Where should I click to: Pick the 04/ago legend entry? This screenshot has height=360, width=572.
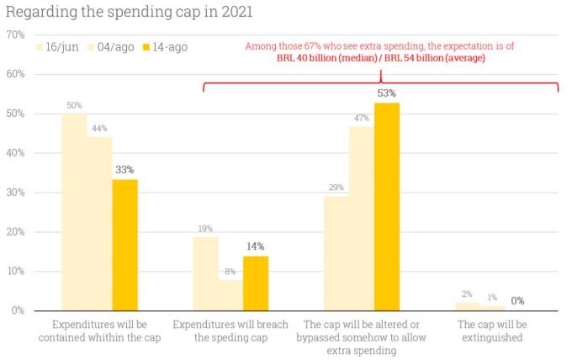tap(115, 46)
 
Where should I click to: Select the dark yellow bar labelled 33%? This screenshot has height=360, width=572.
tap(124, 245)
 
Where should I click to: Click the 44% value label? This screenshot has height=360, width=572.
tap(99, 129)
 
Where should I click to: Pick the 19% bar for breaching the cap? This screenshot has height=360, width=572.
tap(205, 273)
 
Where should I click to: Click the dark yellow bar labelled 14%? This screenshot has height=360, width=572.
tap(256, 283)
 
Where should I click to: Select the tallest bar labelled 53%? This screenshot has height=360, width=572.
tap(387, 206)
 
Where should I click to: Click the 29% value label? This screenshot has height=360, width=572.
tap(336, 188)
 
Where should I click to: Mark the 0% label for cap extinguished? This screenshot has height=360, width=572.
tap(518, 300)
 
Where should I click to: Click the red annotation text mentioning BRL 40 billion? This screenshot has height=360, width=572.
tap(381, 60)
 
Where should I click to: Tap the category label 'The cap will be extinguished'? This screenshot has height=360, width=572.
tap(490, 331)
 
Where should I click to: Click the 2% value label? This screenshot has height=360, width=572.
tap(468, 294)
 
